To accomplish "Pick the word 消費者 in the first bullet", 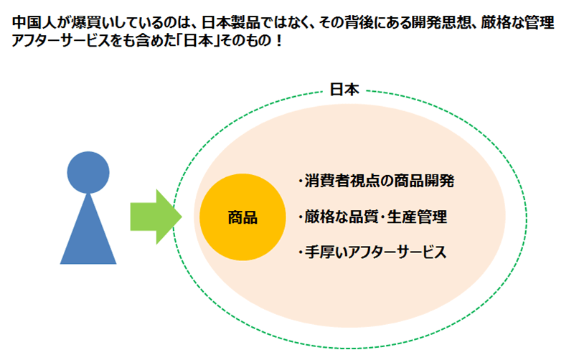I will (324, 180).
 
